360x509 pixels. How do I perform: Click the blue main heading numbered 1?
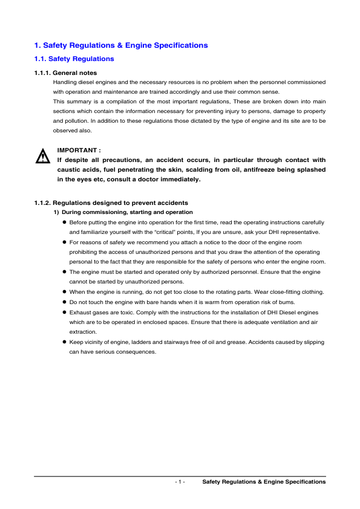coord(121,45)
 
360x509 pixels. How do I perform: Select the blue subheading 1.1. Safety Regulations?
coord(74,59)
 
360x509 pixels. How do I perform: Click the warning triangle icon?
coord(42,157)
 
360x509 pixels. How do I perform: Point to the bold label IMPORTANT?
coord(79,150)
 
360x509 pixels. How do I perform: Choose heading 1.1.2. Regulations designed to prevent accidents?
coord(111,203)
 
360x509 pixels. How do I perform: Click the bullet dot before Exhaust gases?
coord(64,313)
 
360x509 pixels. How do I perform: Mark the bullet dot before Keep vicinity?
coord(64,342)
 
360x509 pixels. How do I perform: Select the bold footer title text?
coord(264,482)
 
